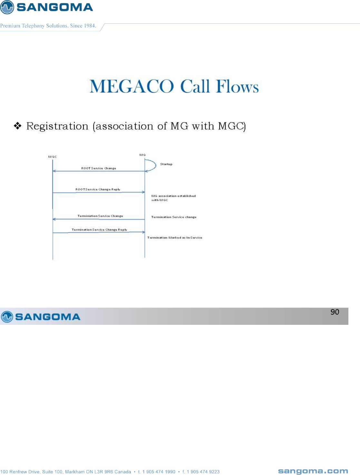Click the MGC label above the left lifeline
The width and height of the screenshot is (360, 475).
pos(53,157)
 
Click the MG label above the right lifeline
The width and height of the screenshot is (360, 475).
pos(142,155)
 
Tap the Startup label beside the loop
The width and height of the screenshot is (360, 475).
pos(166,164)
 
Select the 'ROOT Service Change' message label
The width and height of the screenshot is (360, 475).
pos(99,168)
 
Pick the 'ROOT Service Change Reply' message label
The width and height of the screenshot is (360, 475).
pos(98,189)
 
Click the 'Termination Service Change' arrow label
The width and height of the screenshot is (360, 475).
pos(100,216)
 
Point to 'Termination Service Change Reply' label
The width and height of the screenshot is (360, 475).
pos(99,230)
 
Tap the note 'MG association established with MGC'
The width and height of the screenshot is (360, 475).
pos(173,198)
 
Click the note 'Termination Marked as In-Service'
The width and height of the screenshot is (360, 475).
pos(175,237)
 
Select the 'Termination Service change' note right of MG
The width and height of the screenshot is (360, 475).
pos(174,217)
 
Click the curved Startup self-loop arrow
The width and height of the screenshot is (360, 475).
pos(154,165)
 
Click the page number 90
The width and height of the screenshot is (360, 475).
pos(335,312)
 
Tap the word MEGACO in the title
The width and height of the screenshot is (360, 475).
pos(131,86)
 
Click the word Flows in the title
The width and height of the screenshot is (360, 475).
pos(238,86)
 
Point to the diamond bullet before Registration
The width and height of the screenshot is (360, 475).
pos(18,126)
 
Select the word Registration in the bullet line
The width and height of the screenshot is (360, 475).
pos(57,126)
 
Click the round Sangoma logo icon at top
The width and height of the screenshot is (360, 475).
pos(7,7)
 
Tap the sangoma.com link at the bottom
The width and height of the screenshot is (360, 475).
pos(313,471)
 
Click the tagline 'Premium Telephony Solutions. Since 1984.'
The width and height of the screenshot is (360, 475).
pos(48,26)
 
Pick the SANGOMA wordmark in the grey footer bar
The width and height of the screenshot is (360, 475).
pos(48,317)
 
